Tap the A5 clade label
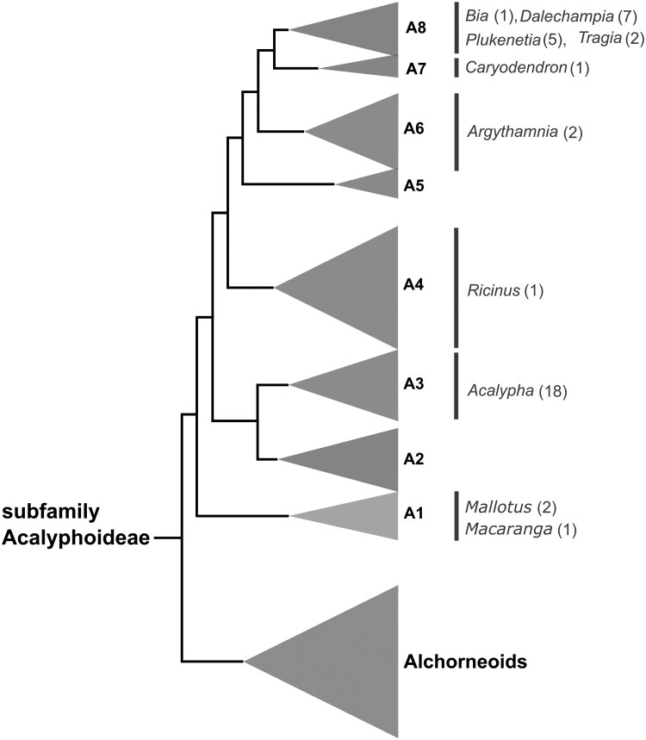coord(415,184)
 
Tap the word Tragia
coord(597,38)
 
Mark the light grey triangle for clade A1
coord(363,516)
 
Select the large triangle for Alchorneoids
coord(345,662)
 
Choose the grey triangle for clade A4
coord(353,287)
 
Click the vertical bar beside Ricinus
coord(456,287)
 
